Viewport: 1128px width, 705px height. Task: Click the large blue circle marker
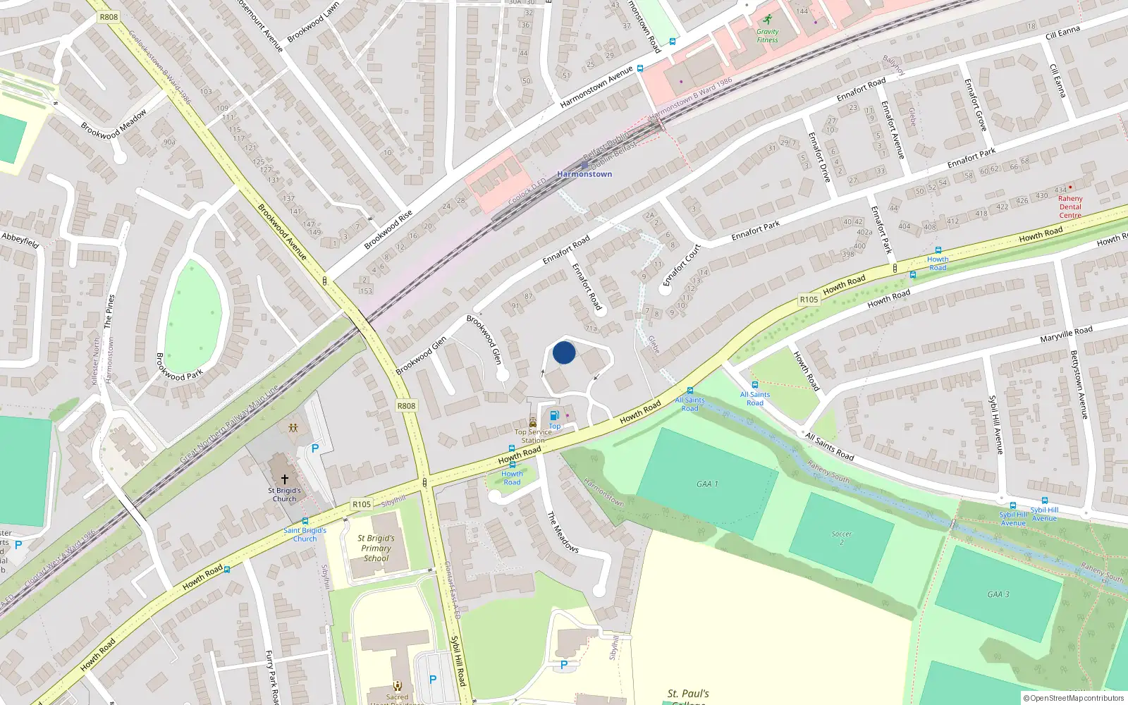pos(564,352)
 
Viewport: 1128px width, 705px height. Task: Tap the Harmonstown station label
pos(584,173)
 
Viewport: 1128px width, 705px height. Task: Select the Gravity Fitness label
pos(767,35)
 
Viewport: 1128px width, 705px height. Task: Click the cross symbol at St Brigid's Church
pos(285,479)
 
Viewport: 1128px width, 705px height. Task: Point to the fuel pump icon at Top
pos(555,415)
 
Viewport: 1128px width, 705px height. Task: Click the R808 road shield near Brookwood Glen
pos(406,405)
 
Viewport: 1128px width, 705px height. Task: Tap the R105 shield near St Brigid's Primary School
pos(362,504)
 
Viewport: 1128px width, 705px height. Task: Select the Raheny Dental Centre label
pos(1069,207)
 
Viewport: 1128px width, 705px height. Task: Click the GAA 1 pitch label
pos(706,484)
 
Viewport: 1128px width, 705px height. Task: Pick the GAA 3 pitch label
pos(998,594)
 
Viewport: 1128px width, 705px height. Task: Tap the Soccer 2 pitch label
pos(841,537)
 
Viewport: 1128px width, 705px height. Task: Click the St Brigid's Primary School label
pos(376,548)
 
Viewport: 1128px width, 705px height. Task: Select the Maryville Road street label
pos(1066,334)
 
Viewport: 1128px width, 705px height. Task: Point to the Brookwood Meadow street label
pos(114,123)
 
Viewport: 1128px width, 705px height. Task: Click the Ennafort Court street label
pos(682,265)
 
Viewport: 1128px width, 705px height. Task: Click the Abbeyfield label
pos(20,240)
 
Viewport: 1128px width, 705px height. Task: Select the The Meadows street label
pos(563,532)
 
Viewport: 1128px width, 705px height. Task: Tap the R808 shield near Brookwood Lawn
pos(109,17)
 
